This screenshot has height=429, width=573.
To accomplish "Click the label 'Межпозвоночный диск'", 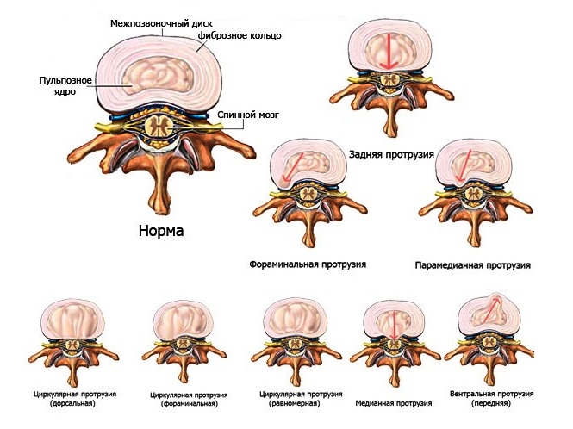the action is pos(161,24).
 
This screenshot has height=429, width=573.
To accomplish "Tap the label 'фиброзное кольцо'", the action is pos(240,36).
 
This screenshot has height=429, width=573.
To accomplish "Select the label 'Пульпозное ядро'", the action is pos(65,85).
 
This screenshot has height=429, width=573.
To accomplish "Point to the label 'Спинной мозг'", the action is pos(248,115).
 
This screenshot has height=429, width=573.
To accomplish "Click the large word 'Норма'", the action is pos(161,231).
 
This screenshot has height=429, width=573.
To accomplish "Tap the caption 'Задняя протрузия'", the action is pos(391,154).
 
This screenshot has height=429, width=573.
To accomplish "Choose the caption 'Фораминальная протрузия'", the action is pos(308,264).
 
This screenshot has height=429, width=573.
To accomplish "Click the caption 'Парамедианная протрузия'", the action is pos(472,265).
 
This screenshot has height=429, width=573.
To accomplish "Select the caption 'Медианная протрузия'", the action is pos(394,403).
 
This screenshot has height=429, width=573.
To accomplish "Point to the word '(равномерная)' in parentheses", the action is pos(294,404).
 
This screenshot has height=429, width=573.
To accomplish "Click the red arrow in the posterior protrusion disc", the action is pos(389,51).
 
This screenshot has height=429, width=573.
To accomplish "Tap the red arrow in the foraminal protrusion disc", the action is pos(293,167).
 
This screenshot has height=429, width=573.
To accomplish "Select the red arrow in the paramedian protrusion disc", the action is pos(464,165).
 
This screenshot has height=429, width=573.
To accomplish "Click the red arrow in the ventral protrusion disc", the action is pos(490,310).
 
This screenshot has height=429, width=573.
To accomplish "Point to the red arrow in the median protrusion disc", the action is pos(394,325).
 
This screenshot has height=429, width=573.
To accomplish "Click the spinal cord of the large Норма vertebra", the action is pos(159,127).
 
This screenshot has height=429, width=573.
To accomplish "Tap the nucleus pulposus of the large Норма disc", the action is pos(158,75).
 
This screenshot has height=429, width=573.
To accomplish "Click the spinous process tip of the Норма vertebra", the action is pos(160,209).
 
